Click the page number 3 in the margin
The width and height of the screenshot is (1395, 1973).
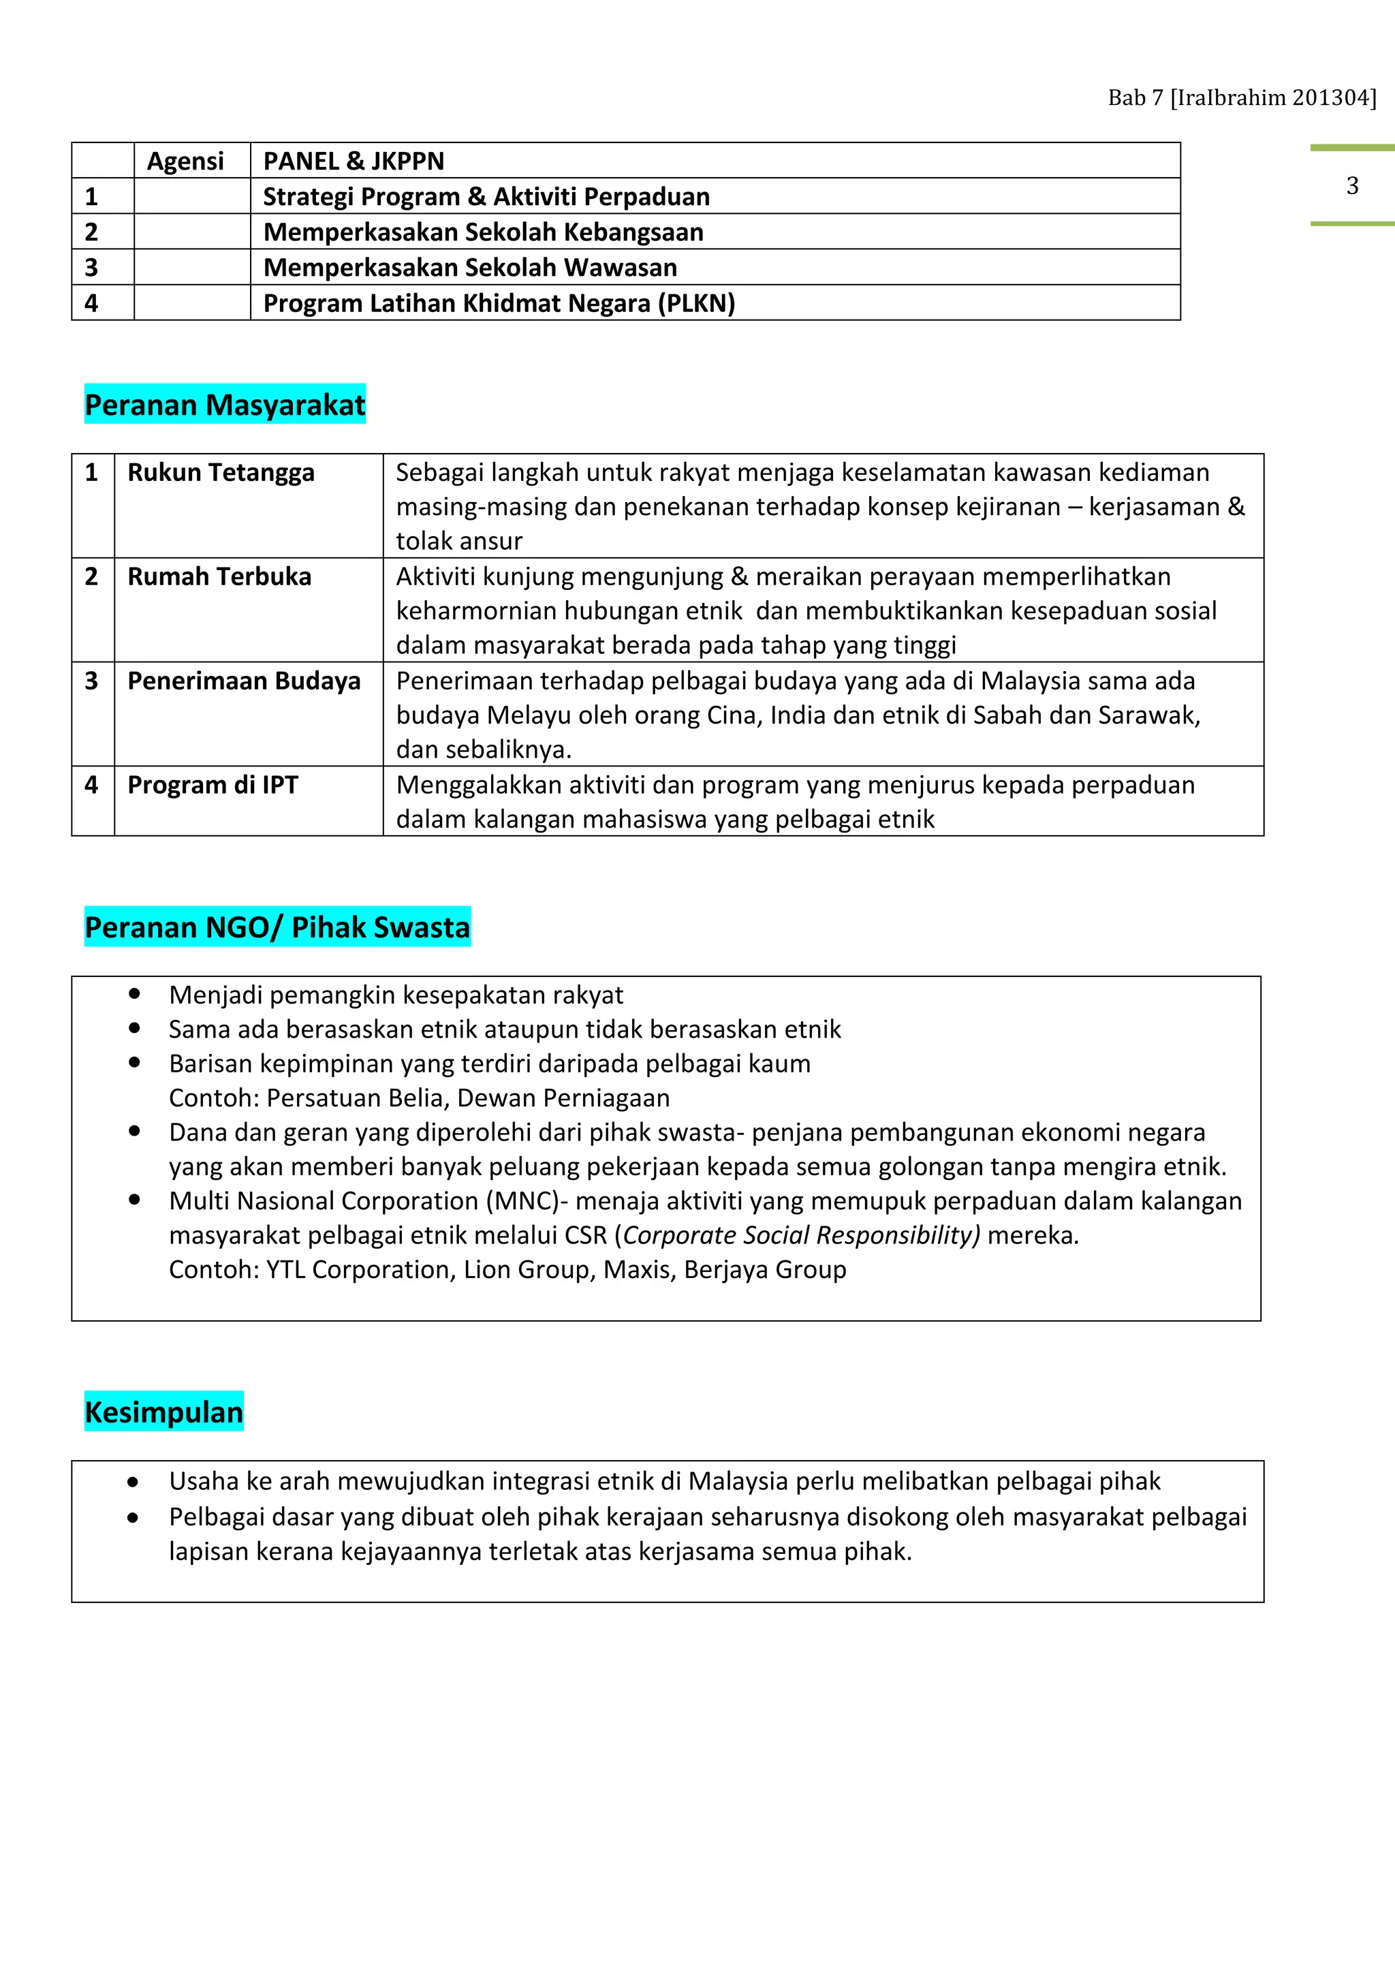point(1352,185)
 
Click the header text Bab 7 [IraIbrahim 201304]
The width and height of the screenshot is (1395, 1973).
point(1241,98)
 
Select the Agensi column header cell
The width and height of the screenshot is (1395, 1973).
point(185,161)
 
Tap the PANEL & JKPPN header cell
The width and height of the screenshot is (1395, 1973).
point(354,161)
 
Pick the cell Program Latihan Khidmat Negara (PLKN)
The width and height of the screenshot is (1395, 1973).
point(499,303)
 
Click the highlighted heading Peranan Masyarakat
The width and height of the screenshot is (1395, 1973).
point(225,405)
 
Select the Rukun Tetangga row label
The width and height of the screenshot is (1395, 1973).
point(221,473)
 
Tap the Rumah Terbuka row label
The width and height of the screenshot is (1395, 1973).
point(219,576)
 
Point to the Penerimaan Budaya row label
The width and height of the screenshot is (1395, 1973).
point(244,681)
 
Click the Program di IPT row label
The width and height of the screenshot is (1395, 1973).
point(213,785)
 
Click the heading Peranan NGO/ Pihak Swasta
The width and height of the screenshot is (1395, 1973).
point(277,927)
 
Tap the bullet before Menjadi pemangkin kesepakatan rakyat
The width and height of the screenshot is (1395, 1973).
point(135,993)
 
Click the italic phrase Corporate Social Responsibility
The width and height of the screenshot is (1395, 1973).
point(800,1235)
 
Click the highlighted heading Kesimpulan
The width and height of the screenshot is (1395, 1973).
point(164,1412)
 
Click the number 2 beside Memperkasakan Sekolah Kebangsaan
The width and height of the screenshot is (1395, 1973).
point(91,232)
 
